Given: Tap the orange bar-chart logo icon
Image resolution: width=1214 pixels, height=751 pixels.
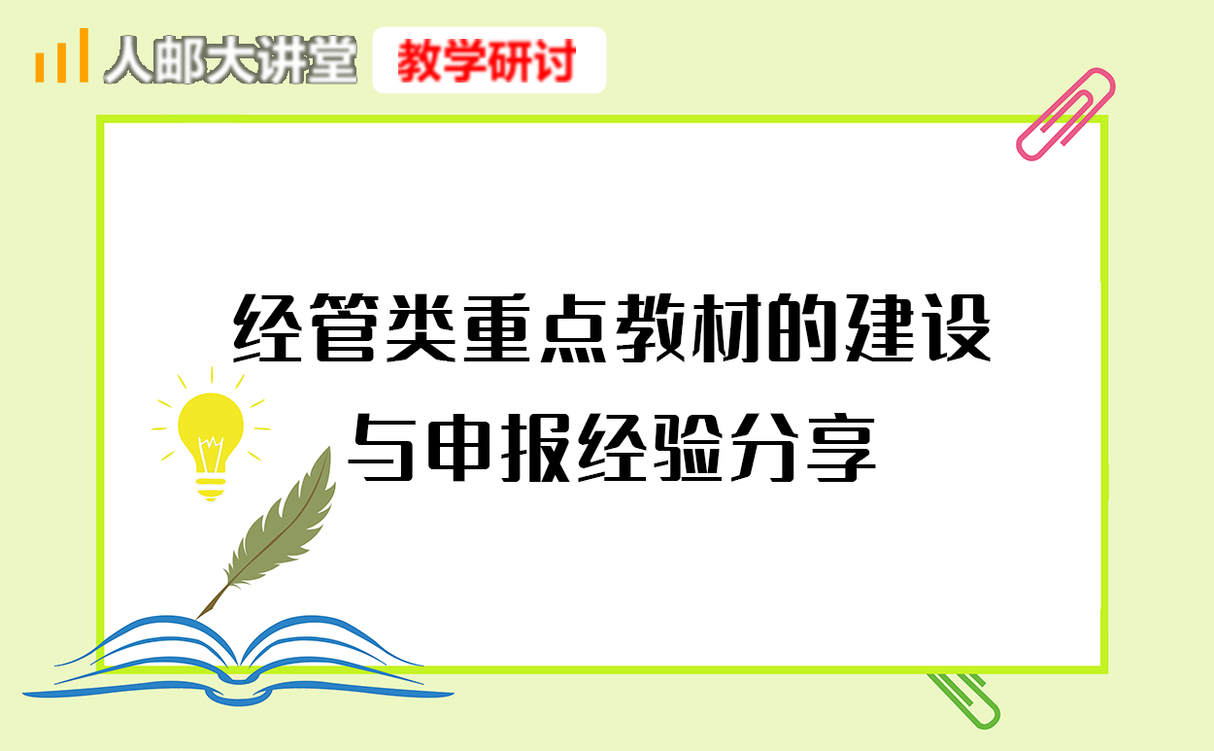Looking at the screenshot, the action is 62,55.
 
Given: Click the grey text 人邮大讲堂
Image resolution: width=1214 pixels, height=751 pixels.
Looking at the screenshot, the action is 231,59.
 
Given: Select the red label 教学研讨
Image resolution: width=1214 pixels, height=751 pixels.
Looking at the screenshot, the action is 487,61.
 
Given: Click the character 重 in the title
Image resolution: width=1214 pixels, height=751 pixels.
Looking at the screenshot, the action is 497,327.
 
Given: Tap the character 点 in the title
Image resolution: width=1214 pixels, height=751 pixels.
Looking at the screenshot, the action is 573,327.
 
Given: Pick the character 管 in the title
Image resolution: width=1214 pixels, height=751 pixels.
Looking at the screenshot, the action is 344,327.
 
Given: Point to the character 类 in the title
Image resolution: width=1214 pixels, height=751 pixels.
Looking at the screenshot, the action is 421,327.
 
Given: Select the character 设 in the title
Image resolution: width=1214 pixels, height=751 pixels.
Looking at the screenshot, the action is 958,327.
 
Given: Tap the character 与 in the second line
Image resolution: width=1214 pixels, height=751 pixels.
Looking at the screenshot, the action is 381,447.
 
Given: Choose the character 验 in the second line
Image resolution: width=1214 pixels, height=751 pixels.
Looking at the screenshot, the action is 689,447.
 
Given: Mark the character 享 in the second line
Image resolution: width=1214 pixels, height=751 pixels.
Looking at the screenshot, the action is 842,447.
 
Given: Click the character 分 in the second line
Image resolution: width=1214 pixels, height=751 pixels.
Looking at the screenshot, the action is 763,447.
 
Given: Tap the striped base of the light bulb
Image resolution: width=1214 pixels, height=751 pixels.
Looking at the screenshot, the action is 211,488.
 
